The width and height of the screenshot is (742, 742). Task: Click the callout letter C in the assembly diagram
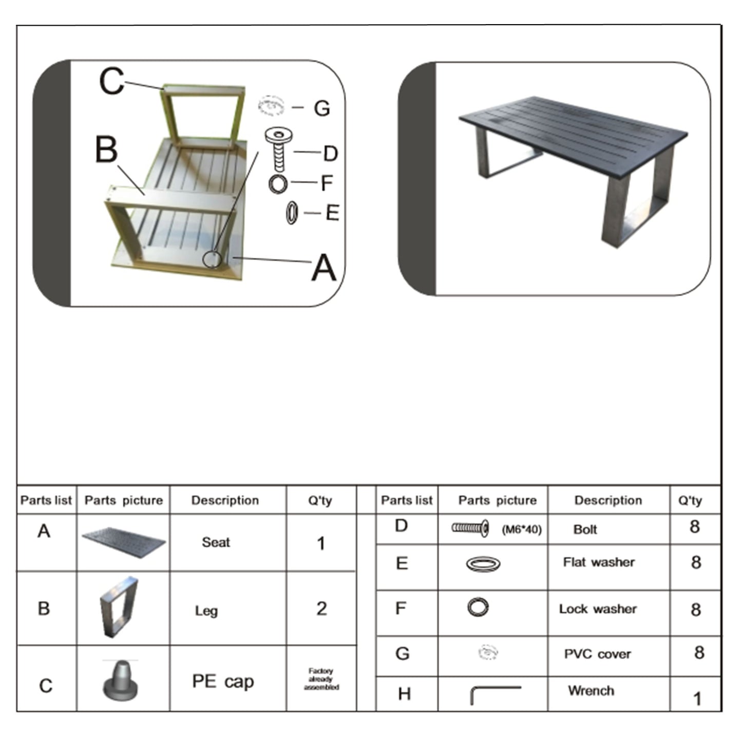[111, 82]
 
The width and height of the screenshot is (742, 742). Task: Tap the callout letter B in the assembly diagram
[106, 149]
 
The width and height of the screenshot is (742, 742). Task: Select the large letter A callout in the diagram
[324, 268]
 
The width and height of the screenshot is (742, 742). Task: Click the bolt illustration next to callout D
[279, 149]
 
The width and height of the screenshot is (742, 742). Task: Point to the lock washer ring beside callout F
[278, 184]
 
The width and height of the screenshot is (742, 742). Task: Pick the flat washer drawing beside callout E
[292, 213]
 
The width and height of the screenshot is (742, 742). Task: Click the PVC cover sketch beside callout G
[271, 105]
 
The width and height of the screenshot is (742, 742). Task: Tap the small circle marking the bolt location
[212, 259]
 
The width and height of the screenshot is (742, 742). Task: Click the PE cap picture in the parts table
[121, 680]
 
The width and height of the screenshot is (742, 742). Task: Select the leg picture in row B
[119, 607]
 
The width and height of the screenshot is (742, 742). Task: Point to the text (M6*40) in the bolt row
[521, 529]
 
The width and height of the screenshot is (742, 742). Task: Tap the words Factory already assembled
[321, 679]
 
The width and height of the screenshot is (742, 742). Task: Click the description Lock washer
[598, 609]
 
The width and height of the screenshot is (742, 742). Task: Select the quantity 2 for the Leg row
[321, 608]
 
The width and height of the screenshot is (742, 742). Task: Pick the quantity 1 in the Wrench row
[697, 698]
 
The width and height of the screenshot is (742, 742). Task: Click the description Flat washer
[599, 562]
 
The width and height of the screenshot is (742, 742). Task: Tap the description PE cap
[223, 681]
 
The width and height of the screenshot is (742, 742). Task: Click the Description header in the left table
[225, 500]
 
